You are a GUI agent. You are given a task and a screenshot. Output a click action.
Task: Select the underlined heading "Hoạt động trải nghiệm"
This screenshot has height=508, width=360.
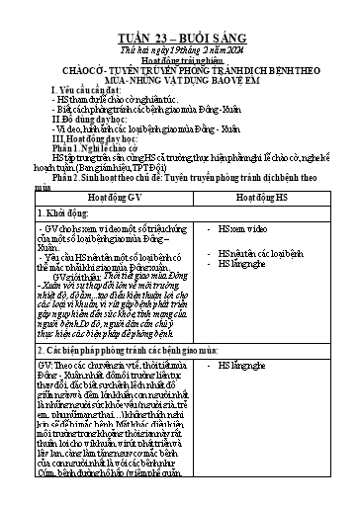180,43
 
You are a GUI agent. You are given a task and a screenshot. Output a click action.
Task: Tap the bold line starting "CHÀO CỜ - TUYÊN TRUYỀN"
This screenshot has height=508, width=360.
180,55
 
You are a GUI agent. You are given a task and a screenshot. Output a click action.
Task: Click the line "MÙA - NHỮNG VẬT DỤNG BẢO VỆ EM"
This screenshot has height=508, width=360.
180,67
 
